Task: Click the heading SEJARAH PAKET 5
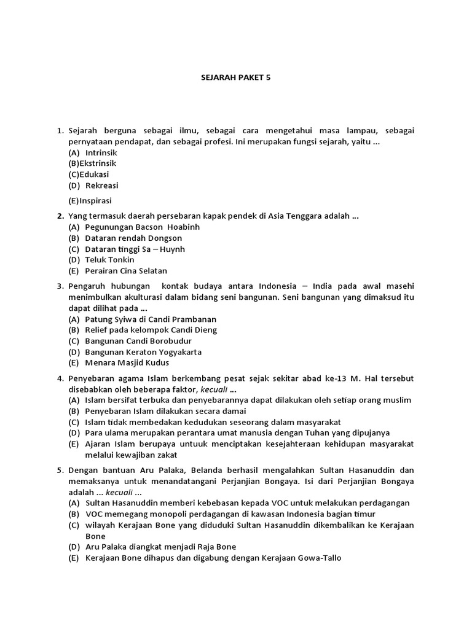tap(236, 78)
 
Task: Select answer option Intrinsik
tap(101, 152)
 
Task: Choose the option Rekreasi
tap(101, 186)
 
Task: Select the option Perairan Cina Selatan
tap(126, 271)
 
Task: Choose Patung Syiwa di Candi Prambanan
tap(151, 319)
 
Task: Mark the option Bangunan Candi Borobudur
tap(138, 341)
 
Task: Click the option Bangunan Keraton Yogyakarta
tap(143, 352)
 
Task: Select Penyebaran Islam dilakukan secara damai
tap(165, 411)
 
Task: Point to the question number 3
tap(60, 286)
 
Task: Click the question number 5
tap(60, 471)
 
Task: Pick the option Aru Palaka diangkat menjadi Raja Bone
tap(160, 547)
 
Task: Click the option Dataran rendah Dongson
tap(133, 238)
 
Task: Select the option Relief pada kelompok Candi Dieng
tap(151, 330)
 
